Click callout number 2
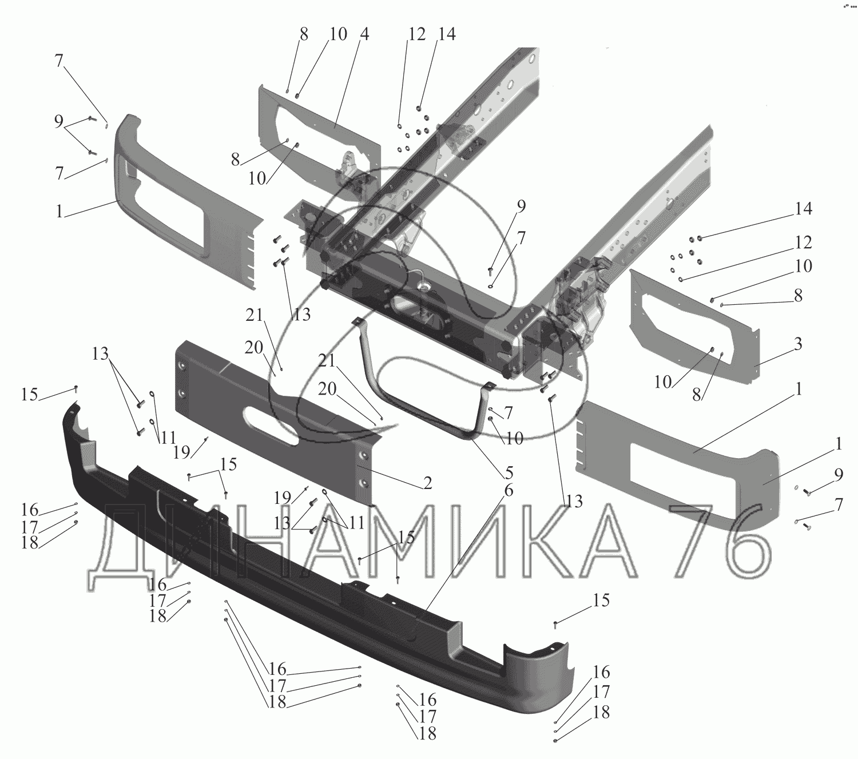(427, 483)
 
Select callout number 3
(798, 344)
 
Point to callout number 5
(508, 473)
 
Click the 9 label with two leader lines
(58, 122)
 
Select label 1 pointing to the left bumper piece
(59, 211)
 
